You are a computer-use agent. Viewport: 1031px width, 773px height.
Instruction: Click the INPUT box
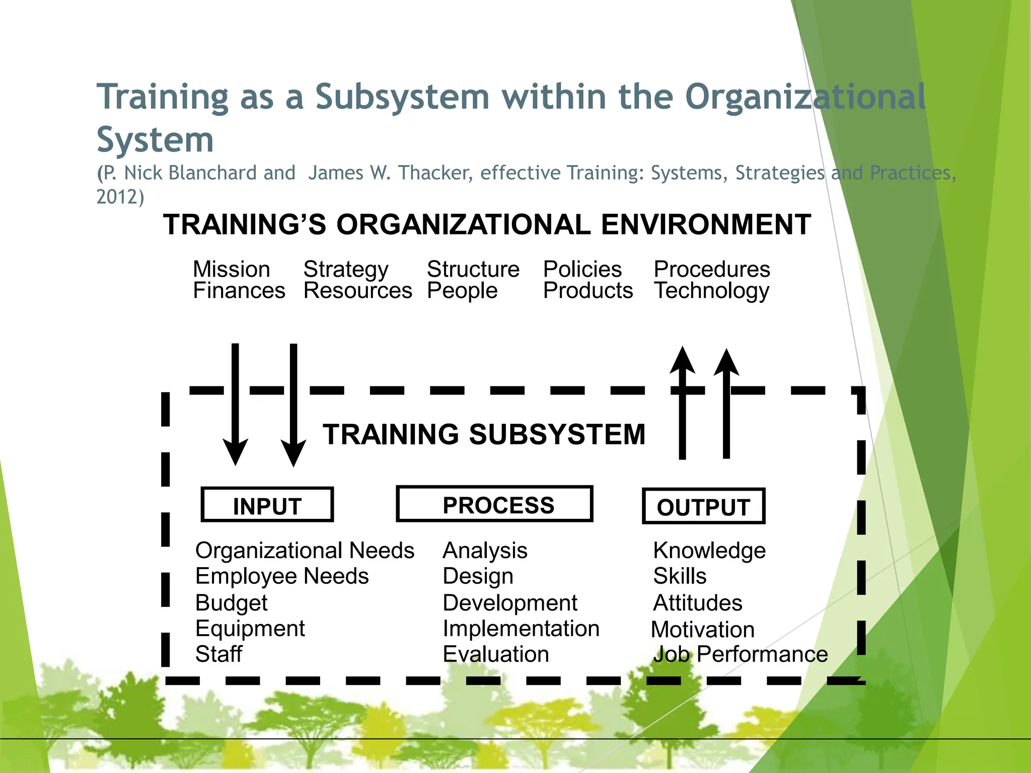[267, 505]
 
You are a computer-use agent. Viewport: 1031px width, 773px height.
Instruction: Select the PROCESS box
[494, 504]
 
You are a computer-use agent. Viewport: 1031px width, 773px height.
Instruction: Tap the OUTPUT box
[703, 506]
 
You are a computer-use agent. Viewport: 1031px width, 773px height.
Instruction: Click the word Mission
[232, 269]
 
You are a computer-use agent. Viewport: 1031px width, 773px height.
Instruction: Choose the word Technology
[711, 291]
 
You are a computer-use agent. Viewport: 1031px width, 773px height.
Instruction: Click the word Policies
[582, 269]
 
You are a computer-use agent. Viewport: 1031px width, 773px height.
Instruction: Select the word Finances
[239, 291]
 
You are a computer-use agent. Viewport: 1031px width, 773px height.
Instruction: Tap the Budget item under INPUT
[231, 603]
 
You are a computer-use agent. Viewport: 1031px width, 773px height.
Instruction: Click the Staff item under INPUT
[218, 654]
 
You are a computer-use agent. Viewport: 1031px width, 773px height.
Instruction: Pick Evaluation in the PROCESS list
[496, 654]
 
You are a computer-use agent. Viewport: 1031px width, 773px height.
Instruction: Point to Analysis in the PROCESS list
[485, 551]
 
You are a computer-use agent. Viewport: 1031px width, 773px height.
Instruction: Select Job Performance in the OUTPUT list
[741, 654]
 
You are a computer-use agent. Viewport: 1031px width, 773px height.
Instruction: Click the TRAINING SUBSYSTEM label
[484, 434]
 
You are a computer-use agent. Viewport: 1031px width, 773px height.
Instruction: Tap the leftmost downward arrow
[235, 403]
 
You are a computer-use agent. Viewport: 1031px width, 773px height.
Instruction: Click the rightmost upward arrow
[726, 403]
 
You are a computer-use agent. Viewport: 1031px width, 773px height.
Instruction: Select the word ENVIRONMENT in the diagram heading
[706, 224]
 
